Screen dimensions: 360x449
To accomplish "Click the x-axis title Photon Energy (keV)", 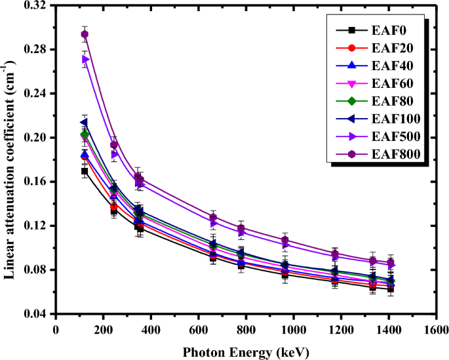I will pyautogui.click(x=246, y=351).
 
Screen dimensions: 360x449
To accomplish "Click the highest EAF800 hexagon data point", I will pyautogui.click(x=85, y=34).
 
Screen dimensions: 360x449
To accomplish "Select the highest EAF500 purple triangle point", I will pyautogui.click(x=85, y=59).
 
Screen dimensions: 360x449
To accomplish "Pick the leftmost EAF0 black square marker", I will pyautogui.click(x=85, y=171).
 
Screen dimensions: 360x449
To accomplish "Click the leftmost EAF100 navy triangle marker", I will pyautogui.click(x=84, y=123).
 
